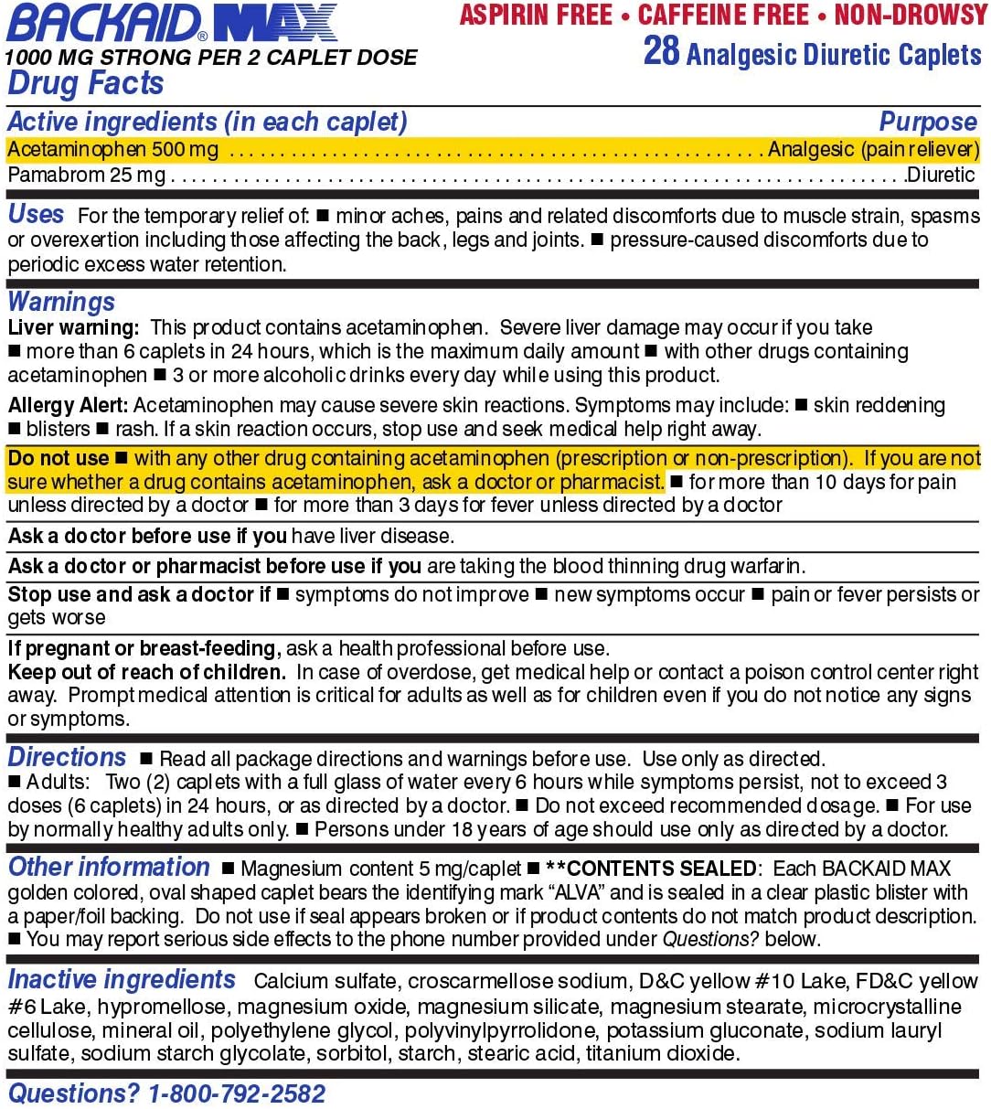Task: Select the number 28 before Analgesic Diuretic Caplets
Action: [x=661, y=51]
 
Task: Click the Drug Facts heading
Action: [x=86, y=83]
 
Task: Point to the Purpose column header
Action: [x=928, y=122]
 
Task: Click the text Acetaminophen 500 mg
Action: [x=113, y=149]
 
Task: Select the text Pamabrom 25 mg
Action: [x=87, y=174]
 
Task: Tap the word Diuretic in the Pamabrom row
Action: [x=941, y=174]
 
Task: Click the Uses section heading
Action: [x=37, y=215]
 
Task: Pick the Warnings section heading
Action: [x=62, y=302]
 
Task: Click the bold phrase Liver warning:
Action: [x=74, y=327]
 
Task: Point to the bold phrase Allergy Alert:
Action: [x=69, y=404]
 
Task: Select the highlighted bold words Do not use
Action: [x=59, y=458]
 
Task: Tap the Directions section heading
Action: [x=67, y=758]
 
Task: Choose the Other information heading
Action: [x=109, y=867]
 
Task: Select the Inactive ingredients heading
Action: [x=122, y=980]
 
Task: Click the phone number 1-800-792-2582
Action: [x=237, y=1093]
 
